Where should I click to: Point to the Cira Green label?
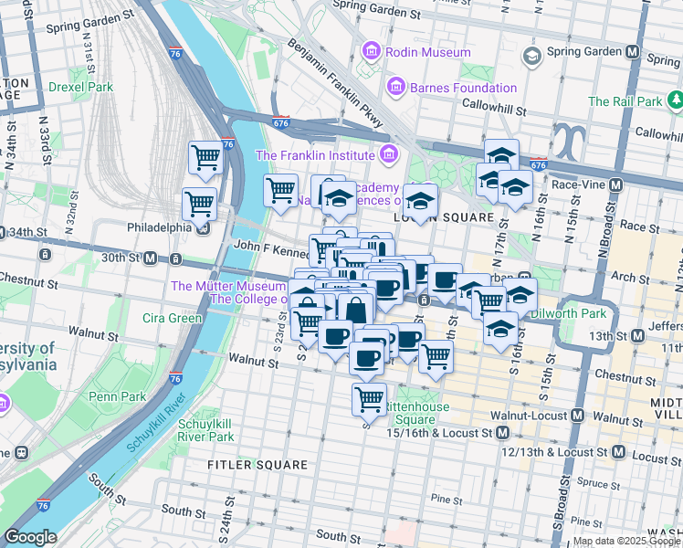[172, 319]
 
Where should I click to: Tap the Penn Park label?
[118, 397]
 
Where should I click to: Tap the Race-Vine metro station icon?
[615, 184]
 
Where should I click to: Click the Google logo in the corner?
[30, 537]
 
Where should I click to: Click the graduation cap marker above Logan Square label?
[421, 201]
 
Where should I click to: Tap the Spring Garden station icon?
[531, 57]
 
